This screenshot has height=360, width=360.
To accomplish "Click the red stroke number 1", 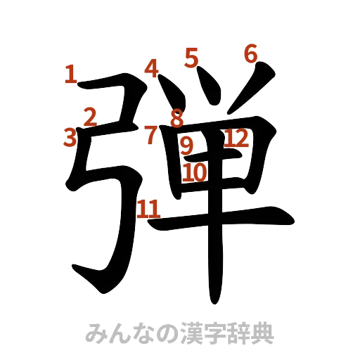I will tap(70, 74).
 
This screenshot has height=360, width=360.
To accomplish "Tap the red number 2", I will tap(90, 116).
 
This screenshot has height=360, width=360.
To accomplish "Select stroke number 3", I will tap(70, 136).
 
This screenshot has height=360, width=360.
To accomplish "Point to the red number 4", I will tap(152, 69).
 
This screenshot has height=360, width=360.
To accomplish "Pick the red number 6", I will tap(251, 54).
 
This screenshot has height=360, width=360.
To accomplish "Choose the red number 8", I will tap(176, 118).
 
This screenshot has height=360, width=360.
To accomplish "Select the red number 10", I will tap(195, 172).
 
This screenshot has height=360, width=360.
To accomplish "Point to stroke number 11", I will tap(148, 208).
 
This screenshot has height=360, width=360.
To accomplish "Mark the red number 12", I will tap(237, 139).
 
